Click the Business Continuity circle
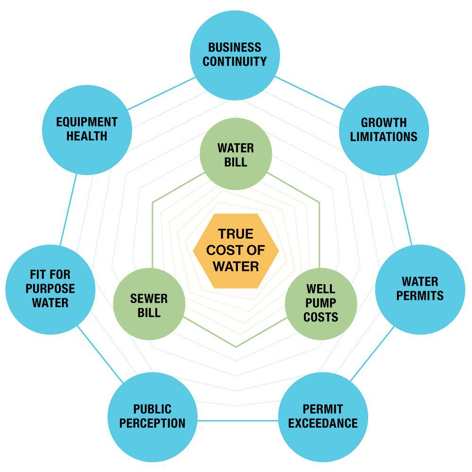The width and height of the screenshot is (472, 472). coord(235,55)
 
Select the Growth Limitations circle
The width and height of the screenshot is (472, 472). coord(384,130)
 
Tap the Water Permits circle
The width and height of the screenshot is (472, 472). coord(420,289)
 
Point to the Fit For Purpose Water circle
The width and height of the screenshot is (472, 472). coord(50,289)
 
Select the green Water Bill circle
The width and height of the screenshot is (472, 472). coord(236,154)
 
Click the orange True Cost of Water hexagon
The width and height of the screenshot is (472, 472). coord(236,250)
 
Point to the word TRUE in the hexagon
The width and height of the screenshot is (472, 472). coord(236,234)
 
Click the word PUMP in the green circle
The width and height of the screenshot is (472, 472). coord(321,303)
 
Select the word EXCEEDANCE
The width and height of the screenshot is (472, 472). coord(323,423)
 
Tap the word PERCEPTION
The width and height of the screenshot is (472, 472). coord(152,423)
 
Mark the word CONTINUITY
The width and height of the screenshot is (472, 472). coord(235,62)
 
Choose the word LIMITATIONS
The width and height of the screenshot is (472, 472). coord(384,137)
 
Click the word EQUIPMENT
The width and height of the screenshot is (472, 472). coord(86,122)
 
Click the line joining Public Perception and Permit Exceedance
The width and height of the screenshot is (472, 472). coord(237,420)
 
